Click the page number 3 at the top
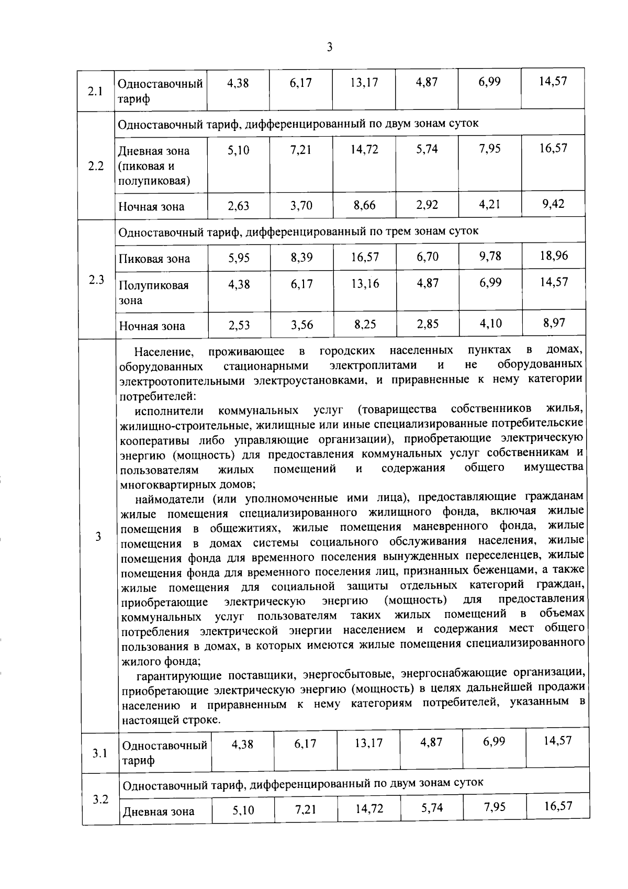tap(330, 48)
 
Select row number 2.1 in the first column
tap(95, 91)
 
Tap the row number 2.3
tap(96, 279)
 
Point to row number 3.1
tap(99, 753)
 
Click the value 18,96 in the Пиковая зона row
tap(554, 255)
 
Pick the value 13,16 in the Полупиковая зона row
tap(365, 283)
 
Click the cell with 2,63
tap(239, 206)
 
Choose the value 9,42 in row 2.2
tap(553, 204)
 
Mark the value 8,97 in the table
tap(554, 323)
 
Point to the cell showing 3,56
tap(302, 325)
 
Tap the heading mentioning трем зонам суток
tap(298, 231)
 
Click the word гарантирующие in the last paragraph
tap(173, 673)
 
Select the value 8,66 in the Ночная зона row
tap(365, 205)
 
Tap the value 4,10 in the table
tap(490, 323)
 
